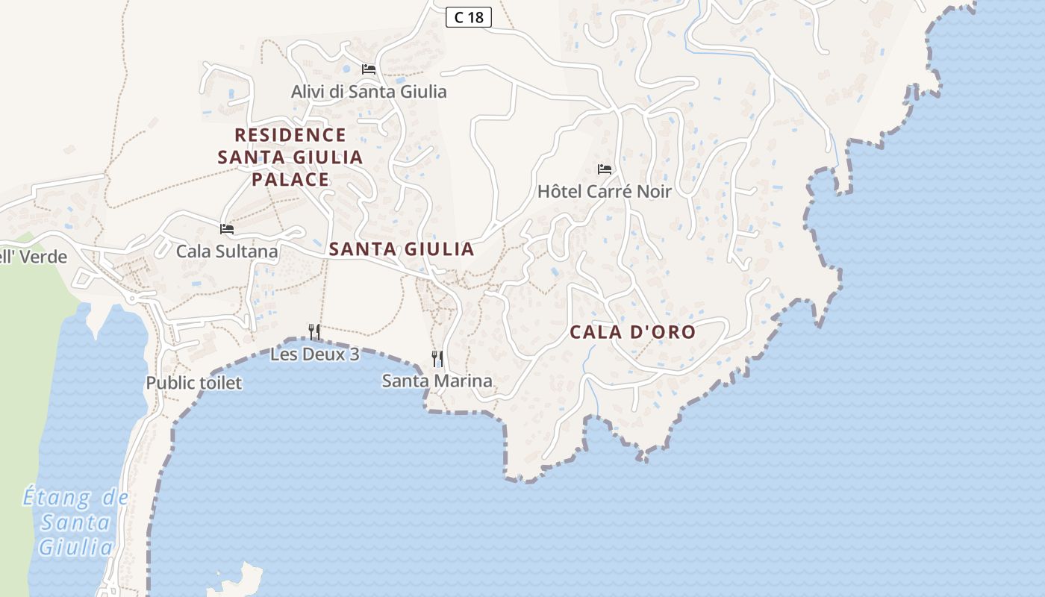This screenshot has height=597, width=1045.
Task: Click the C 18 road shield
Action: (469, 17)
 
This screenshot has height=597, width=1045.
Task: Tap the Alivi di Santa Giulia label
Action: (369, 92)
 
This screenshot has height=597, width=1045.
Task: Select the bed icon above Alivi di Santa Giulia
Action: (369, 69)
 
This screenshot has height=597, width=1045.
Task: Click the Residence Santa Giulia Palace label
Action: (290, 157)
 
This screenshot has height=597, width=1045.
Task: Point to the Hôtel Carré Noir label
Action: (605, 192)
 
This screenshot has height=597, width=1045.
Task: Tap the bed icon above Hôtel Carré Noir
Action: (605, 169)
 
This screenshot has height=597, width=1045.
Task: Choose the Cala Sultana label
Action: (227, 251)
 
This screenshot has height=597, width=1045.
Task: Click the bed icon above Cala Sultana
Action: (227, 228)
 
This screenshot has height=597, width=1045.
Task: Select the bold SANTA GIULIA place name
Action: (402, 249)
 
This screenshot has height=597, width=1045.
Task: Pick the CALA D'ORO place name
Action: (633, 332)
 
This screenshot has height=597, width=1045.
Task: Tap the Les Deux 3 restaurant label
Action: (315, 354)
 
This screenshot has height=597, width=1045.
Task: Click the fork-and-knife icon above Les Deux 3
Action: (315, 331)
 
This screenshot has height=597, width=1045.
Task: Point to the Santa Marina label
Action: (437, 381)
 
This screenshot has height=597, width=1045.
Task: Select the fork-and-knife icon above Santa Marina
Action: (437, 359)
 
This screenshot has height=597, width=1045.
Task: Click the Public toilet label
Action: (194, 384)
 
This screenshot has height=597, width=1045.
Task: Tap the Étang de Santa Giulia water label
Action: (75, 522)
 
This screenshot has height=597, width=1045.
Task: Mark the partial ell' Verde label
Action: (34, 257)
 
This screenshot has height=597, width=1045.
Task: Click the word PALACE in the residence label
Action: (290, 180)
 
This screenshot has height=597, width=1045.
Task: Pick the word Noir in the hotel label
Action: (652, 192)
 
